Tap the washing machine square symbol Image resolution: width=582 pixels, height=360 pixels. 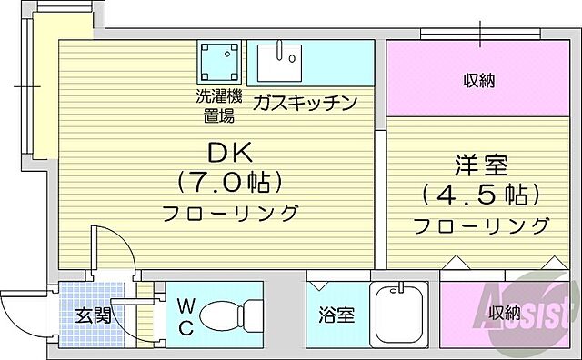(221, 62)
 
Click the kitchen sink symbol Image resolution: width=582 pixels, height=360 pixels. (279, 62)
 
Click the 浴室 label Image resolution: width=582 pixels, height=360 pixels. (336, 315)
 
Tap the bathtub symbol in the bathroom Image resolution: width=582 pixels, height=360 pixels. (399, 314)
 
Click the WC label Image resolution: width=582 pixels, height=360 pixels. (185, 315)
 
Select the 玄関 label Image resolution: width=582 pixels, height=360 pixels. (93, 316)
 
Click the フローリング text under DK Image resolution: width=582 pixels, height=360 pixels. (231, 214)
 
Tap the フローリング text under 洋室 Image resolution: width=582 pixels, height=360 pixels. (481, 225)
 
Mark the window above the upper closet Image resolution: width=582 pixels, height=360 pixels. (481, 34)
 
